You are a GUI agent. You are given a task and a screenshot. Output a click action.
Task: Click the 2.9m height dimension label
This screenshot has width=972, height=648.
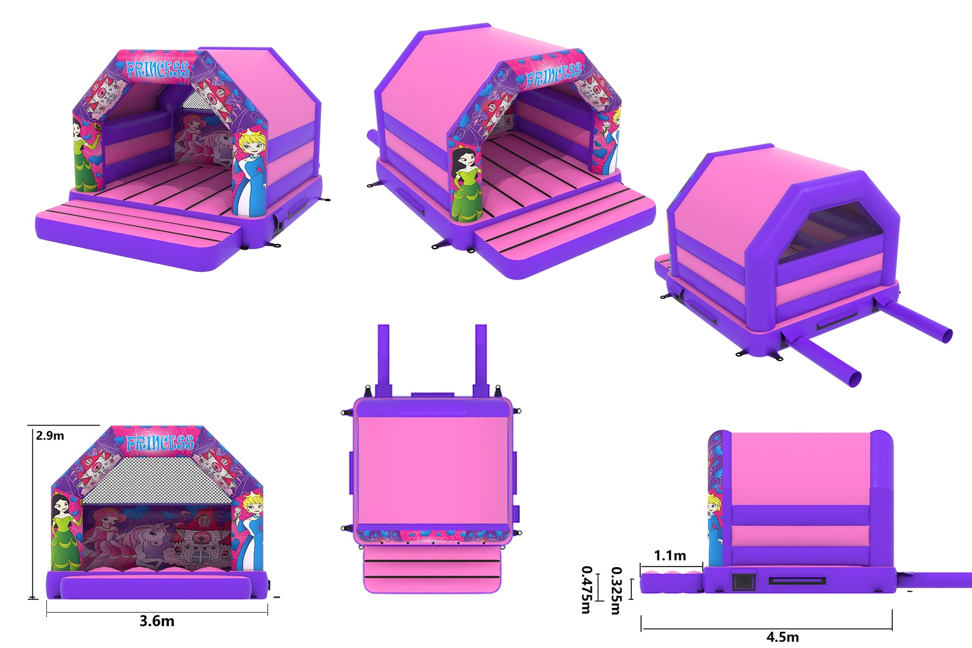[x=50, y=436]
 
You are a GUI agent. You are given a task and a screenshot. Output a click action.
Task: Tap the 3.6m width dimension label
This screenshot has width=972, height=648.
[x=157, y=621]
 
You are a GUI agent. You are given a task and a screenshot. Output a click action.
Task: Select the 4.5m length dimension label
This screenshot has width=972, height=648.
[x=782, y=637]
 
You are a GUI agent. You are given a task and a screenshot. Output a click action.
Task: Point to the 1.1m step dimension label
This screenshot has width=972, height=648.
[x=670, y=556]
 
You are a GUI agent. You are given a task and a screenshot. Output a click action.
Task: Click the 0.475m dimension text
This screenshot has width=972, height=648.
[x=586, y=590]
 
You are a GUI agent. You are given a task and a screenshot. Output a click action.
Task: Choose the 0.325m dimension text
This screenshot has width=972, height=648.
[x=616, y=591]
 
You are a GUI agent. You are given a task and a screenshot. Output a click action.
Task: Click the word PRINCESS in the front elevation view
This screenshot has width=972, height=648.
[x=160, y=443]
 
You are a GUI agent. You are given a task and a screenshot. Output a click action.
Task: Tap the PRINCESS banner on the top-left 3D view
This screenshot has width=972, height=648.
[x=157, y=69]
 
